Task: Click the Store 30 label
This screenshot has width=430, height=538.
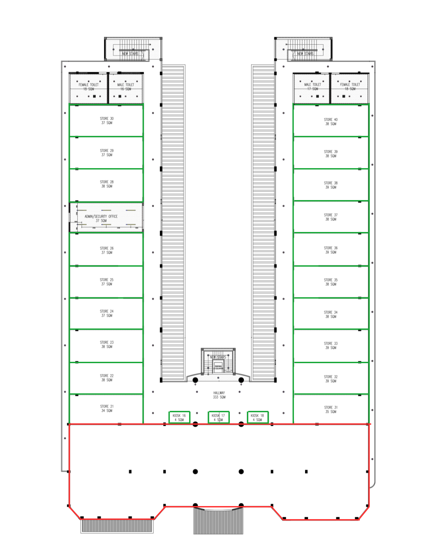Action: tap(107, 121)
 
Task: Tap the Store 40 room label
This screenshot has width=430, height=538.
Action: tap(331, 122)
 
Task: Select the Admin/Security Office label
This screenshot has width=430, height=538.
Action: tap(101, 219)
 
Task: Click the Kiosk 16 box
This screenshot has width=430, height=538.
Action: tap(179, 417)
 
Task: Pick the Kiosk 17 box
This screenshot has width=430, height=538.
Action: tap(219, 417)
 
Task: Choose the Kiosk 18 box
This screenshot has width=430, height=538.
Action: tap(258, 417)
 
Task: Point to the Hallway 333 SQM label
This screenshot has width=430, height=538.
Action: tap(219, 395)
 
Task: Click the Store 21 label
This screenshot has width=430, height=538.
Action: tap(107, 409)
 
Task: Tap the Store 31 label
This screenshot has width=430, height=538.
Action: tap(331, 410)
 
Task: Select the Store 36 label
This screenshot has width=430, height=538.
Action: tap(331, 250)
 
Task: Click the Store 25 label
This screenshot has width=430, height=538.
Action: tap(107, 282)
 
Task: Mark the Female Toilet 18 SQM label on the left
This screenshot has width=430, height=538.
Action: tap(89, 87)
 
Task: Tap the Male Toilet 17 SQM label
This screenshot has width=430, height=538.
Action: tap(312, 86)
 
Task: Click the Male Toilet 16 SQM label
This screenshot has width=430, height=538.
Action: tap(126, 87)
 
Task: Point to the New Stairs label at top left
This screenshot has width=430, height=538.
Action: tap(130, 53)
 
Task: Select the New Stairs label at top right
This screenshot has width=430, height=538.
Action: tap(305, 53)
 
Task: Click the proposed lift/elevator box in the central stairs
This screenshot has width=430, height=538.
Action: tap(218, 367)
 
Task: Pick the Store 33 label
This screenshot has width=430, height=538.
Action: tap(331, 346)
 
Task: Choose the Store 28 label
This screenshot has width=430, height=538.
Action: tap(107, 184)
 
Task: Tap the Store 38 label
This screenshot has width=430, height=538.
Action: tap(331, 185)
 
